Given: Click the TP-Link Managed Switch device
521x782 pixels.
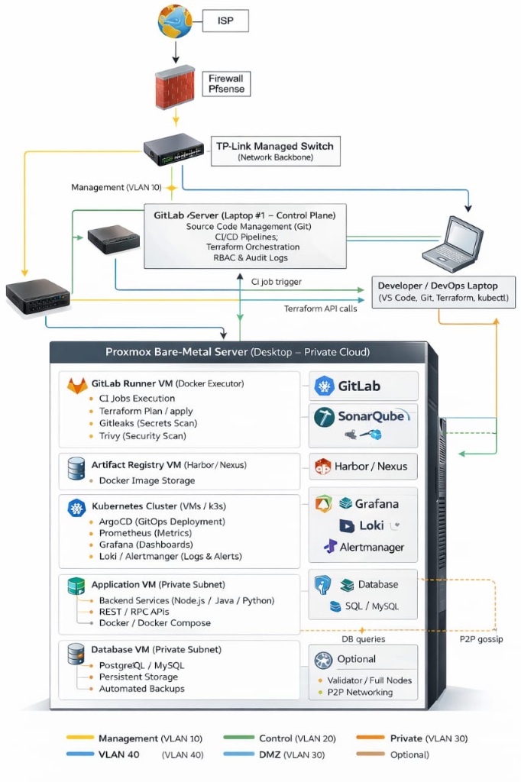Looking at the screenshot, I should (176, 149).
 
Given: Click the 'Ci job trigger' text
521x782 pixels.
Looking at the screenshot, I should (276, 282).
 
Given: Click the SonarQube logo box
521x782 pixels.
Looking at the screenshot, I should (364, 425).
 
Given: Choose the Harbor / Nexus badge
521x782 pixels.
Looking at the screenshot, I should (364, 466).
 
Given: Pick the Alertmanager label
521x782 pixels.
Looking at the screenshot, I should (372, 547).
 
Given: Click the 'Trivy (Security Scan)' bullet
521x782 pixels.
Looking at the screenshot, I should (142, 436).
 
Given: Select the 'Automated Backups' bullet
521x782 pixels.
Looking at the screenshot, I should (141, 688).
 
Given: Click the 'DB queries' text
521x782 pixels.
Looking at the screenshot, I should (363, 639).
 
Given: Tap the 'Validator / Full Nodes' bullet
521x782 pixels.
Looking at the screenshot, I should (369, 680).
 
